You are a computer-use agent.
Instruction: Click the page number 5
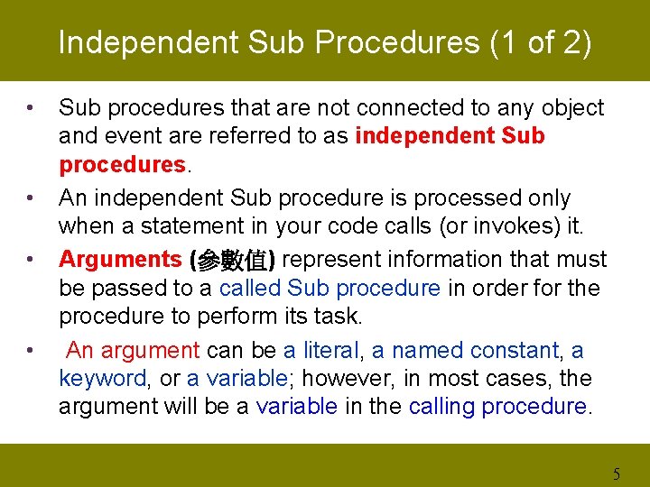[617, 473]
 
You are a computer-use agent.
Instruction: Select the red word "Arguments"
[120, 260]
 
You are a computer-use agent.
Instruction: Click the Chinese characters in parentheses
[232, 261]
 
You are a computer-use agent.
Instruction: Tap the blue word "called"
[250, 288]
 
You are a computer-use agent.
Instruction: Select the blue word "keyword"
[102, 379]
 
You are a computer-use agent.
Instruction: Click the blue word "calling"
[441, 407]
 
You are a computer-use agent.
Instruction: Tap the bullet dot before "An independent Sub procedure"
[31, 198]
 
